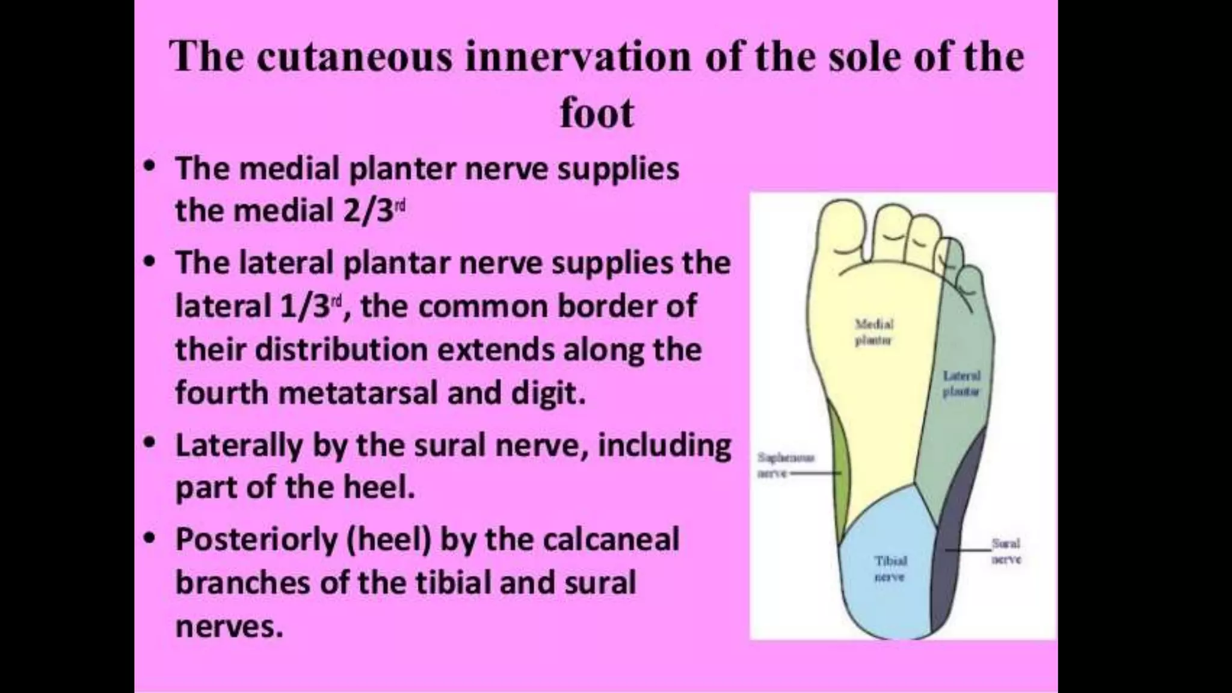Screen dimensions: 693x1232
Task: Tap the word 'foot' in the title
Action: [596, 113]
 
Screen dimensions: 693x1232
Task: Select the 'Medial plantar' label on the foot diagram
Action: [874, 332]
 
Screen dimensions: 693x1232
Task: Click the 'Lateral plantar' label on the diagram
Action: [961, 384]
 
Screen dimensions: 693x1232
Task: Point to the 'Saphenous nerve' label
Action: [785, 465]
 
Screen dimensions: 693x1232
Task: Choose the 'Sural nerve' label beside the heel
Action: [1006, 551]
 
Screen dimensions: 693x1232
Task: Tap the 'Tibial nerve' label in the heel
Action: [890, 568]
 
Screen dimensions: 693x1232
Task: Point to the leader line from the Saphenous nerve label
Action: [815, 473]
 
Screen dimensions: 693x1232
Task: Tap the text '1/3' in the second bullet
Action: [305, 307]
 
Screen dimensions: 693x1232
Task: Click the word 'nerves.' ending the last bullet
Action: [229, 627]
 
